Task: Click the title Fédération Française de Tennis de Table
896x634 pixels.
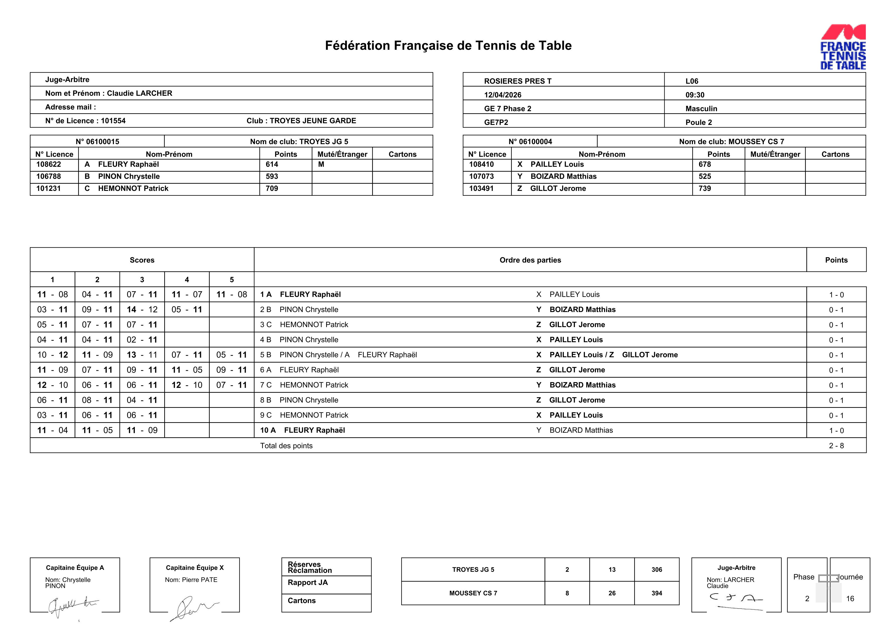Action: pos(448,46)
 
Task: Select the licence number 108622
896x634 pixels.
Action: pos(49,164)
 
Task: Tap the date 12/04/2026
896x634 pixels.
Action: pos(503,95)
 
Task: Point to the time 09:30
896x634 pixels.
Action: pos(695,95)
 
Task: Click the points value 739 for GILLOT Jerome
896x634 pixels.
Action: pos(704,189)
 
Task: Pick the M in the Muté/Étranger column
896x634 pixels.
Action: pos(321,164)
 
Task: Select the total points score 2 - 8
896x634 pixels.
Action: pos(836,446)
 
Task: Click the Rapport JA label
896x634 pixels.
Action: pos(308,582)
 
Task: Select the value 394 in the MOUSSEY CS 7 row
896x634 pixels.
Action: pos(656,593)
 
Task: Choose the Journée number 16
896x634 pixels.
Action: pos(850,598)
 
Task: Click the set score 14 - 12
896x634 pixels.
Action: pos(142,309)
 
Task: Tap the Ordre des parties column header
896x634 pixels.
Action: pos(530,260)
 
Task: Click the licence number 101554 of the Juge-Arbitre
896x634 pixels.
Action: pos(113,121)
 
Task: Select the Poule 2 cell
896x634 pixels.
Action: pos(699,122)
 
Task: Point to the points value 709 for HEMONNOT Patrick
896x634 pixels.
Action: pos(272,189)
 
